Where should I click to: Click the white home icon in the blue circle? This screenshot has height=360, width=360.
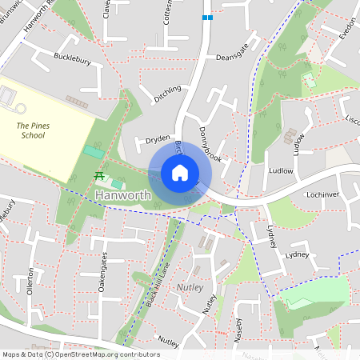(179, 172)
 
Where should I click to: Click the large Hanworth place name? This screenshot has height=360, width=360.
(122, 195)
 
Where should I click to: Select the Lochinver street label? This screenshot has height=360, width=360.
(324, 194)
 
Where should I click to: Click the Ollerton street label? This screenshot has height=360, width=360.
(32, 281)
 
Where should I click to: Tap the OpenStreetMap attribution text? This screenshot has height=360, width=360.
(81, 354)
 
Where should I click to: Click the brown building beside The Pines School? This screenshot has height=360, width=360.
(77, 101)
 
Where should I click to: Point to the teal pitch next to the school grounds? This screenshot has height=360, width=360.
(94, 152)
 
